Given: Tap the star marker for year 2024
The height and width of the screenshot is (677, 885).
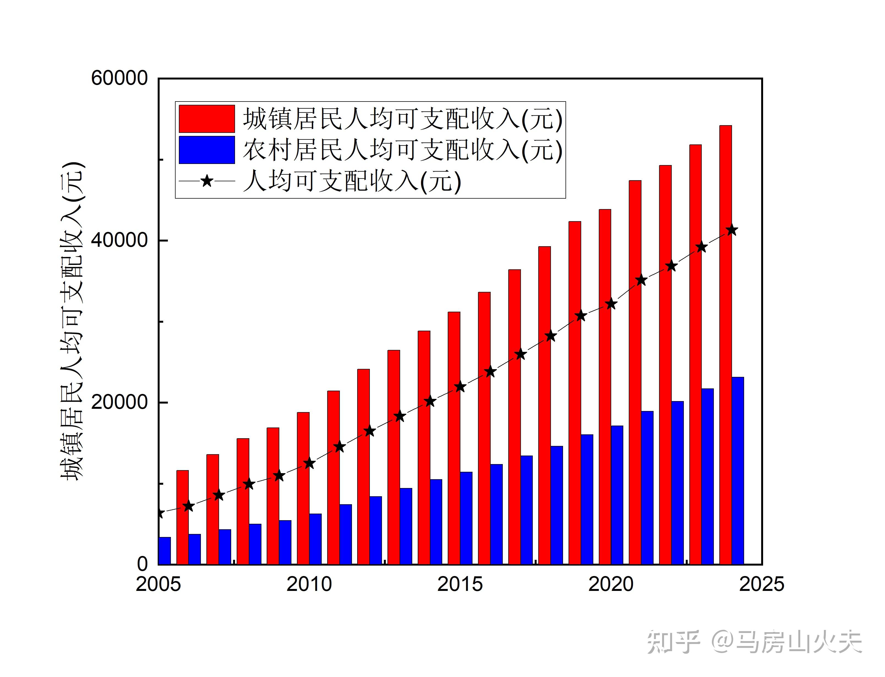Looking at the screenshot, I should click(x=732, y=231).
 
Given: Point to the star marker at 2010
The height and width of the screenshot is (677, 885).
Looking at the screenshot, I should click(x=309, y=464).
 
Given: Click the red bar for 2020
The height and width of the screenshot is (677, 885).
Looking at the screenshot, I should click(x=605, y=387).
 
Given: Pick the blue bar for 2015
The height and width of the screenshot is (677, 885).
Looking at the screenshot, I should click(x=466, y=518).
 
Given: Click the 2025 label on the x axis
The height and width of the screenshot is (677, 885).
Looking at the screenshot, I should click(x=761, y=584).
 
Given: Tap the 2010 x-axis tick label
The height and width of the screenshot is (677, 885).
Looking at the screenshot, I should click(x=309, y=584).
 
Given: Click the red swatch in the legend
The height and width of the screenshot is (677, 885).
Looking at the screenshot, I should click(x=207, y=119).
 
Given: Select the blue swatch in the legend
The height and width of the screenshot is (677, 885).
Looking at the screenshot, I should click(x=207, y=150).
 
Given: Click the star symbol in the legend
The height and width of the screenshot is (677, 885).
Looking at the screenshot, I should click(x=207, y=181).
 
